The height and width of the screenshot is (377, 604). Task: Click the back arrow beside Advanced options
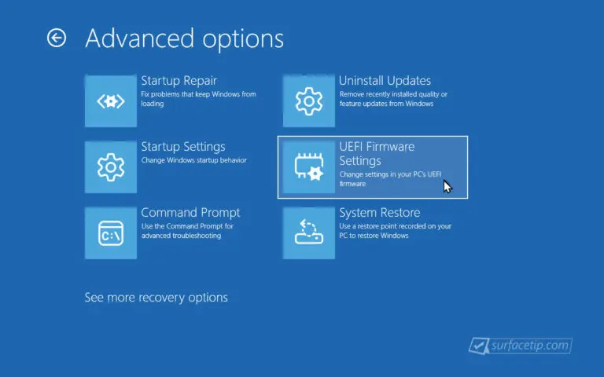(57, 38)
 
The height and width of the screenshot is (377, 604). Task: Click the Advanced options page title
(185, 38)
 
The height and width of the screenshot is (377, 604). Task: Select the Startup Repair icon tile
(111, 101)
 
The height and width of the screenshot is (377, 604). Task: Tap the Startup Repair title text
(179, 81)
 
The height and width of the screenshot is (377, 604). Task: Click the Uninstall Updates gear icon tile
(309, 101)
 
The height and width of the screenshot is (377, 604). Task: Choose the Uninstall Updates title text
(385, 81)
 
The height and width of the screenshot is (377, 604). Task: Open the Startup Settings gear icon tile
(111, 167)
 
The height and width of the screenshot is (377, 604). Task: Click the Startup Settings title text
(183, 147)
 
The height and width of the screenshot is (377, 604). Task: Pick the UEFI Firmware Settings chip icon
(309, 167)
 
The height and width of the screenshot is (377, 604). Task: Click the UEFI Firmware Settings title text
(377, 153)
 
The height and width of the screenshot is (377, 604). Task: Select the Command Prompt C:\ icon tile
(111, 233)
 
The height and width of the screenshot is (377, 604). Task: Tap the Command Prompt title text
(190, 213)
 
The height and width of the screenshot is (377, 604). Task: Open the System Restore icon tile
(309, 233)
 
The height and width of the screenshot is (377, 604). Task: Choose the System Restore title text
(379, 213)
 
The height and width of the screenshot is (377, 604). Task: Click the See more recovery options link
(156, 298)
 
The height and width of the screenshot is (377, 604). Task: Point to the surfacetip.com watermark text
(530, 345)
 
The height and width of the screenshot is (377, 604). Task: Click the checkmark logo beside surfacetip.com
(479, 346)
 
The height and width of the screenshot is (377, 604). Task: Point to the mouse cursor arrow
(447, 187)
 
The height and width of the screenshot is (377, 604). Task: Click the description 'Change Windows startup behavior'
(193, 160)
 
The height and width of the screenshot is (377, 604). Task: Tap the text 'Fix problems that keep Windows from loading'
(198, 99)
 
